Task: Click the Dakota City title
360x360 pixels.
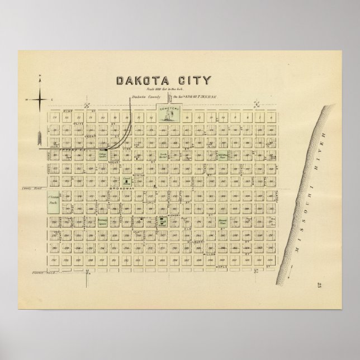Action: coord(164,81)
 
